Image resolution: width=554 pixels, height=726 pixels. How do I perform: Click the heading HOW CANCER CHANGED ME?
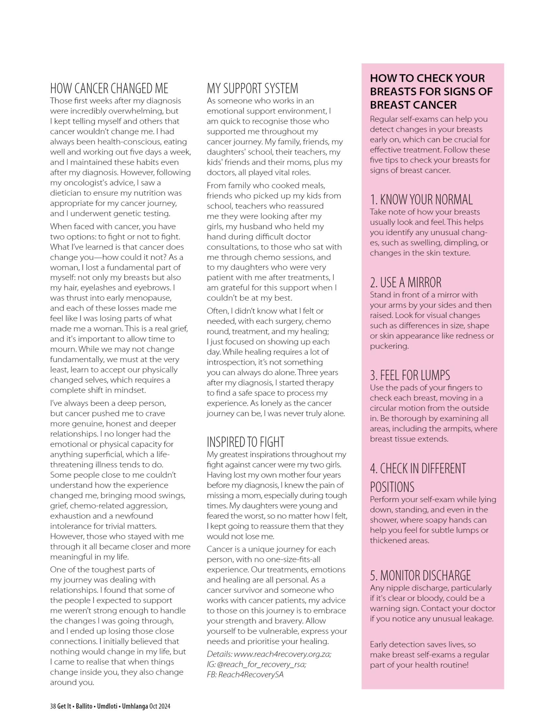tap(109, 88)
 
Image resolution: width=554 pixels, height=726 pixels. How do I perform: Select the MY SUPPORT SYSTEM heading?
tap(252, 88)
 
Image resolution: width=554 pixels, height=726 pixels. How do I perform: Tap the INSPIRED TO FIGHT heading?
tap(245, 442)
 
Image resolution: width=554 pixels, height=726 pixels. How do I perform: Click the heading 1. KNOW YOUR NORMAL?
tap(421, 199)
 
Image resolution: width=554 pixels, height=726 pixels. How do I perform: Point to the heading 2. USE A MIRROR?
tap(405, 283)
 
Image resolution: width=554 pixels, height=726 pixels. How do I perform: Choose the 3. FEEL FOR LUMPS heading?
tap(410, 375)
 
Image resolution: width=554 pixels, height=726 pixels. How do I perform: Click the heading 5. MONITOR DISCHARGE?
tap(420, 576)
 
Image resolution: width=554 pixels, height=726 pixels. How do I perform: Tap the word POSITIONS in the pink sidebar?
tap(392, 487)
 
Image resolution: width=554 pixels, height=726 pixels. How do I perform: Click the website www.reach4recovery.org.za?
tap(282, 654)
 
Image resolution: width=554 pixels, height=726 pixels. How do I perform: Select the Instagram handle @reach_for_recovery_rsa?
tap(261, 664)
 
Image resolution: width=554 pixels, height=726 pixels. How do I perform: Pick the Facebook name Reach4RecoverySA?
tap(251, 674)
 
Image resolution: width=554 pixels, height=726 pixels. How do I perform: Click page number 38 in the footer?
tap(53, 706)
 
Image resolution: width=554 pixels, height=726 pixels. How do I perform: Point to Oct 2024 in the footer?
tap(160, 706)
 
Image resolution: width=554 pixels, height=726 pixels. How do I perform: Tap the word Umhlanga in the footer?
tap(135, 706)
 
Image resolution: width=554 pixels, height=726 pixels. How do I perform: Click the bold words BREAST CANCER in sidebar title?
tap(413, 105)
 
